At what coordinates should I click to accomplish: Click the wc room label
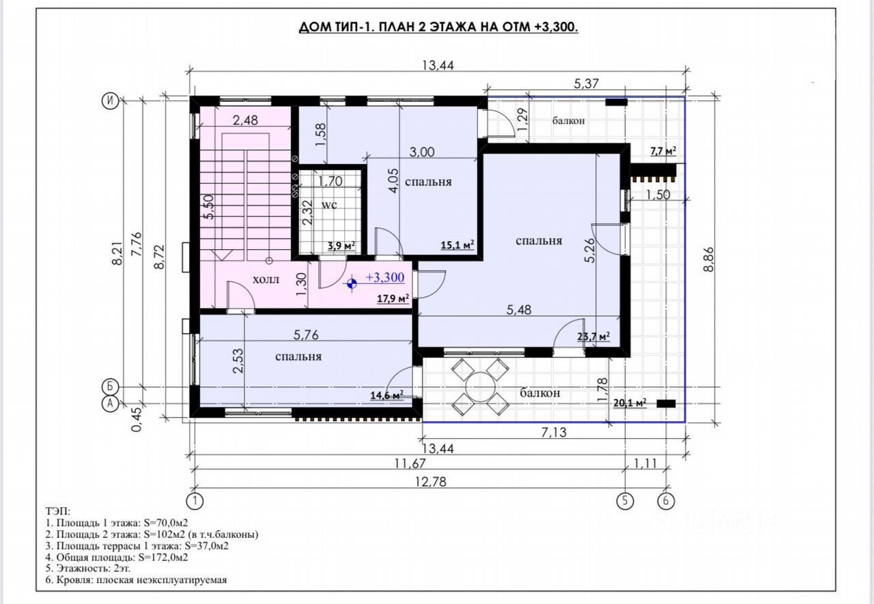(x=329, y=205)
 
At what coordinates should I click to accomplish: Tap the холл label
(x=266, y=279)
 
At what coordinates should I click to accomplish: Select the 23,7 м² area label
(x=593, y=336)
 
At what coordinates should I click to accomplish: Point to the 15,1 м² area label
(x=457, y=244)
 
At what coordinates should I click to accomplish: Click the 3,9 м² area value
(x=341, y=245)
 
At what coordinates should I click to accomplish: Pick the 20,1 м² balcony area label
(x=630, y=403)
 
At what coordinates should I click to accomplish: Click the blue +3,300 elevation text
(x=384, y=277)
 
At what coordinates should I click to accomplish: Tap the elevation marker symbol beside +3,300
(x=352, y=284)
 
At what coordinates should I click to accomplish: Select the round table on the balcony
(x=480, y=386)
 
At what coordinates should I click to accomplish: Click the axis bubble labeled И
(x=110, y=101)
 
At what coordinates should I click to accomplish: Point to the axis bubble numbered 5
(x=625, y=501)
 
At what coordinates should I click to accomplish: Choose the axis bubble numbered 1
(x=195, y=501)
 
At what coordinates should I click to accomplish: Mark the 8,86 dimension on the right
(x=709, y=259)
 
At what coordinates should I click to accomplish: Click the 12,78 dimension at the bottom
(x=430, y=482)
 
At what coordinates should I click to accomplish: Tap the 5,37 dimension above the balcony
(x=586, y=83)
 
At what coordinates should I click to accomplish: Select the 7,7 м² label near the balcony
(x=663, y=151)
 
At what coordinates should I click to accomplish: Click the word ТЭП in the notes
(x=57, y=510)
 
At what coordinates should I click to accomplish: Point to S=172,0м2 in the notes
(x=166, y=557)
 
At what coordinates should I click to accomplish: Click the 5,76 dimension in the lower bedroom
(x=306, y=334)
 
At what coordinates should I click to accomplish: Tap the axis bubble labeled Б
(x=110, y=387)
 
